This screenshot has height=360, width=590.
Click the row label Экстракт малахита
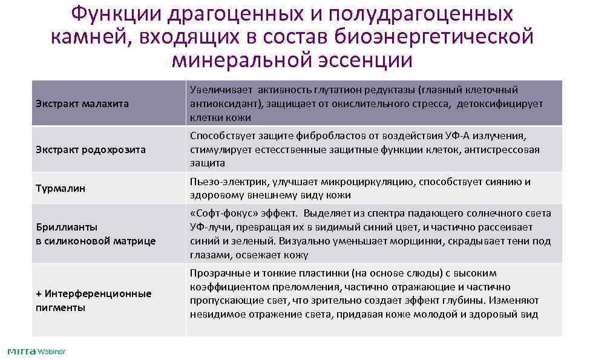pyautogui.click(x=82, y=103)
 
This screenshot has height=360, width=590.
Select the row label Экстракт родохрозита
pyautogui.click(x=91, y=149)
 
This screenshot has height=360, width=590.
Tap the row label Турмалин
pyautogui.click(x=61, y=188)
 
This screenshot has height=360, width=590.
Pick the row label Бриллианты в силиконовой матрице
pyautogui.click(x=96, y=234)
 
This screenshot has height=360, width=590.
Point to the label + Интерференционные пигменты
pyautogui.click(x=93, y=300)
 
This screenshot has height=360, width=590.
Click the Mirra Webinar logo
pyautogui.click(x=36, y=352)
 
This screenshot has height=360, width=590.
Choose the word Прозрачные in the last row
pyautogui.click(x=217, y=273)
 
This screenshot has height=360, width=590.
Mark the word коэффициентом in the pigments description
pyautogui.click(x=223, y=287)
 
